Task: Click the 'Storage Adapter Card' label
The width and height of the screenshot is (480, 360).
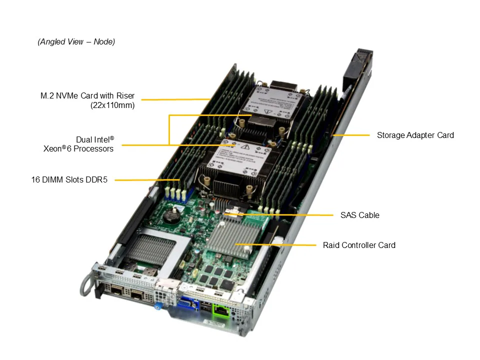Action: [x=415, y=135]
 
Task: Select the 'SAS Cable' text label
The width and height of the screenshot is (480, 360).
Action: [x=359, y=215]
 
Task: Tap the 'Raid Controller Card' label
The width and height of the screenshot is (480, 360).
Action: [x=359, y=245]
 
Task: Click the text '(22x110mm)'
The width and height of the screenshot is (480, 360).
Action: [x=112, y=105]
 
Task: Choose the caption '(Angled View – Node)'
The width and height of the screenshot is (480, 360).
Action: [x=76, y=42]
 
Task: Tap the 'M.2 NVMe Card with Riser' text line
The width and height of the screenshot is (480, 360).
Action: [x=87, y=95]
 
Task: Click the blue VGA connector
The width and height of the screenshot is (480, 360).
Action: [x=184, y=303]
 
